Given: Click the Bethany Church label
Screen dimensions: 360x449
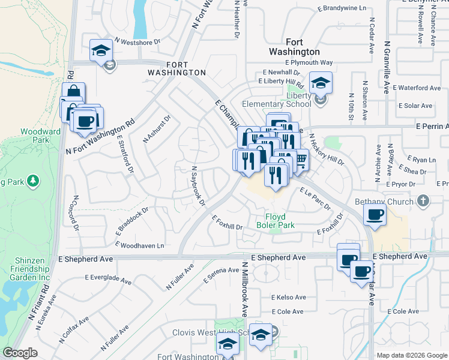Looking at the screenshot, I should point(384,202).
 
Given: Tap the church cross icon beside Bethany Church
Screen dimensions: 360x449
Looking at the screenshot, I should point(424,200).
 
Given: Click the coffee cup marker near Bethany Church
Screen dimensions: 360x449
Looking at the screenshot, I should point(376,214).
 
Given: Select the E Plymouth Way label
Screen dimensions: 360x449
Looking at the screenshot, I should point(309,62).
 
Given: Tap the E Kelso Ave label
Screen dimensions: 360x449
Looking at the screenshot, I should point(288,297).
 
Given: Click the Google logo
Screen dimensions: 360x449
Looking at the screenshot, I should point(20,353).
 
